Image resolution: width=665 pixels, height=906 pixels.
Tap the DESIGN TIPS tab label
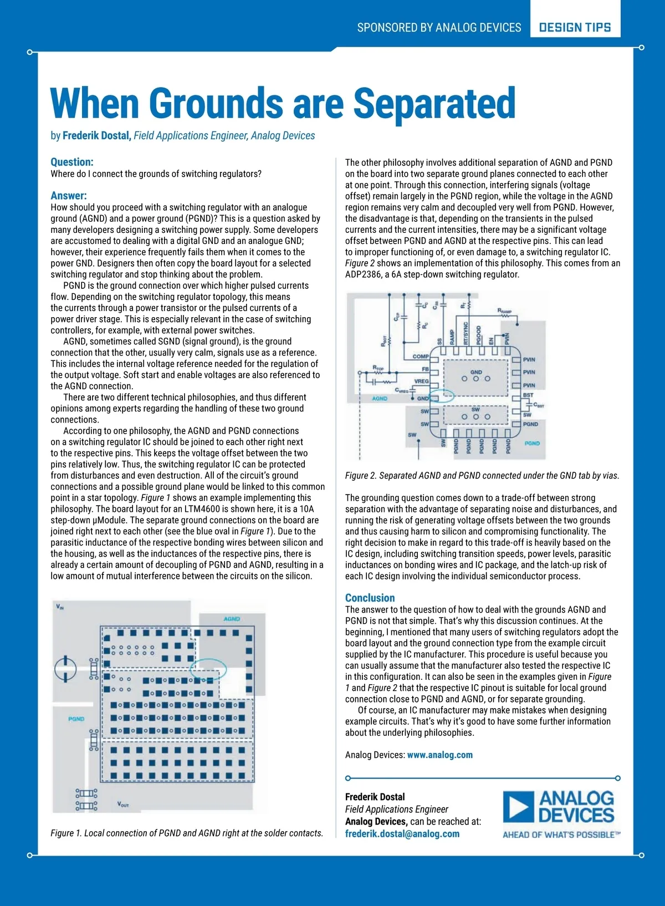[575, 27]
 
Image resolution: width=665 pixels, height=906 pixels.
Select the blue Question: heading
[72, 162]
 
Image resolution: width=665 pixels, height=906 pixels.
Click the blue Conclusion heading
[370, 598]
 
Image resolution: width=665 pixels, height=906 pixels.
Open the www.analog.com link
[440, 755]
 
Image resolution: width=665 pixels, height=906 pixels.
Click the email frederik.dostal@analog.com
[402, 833]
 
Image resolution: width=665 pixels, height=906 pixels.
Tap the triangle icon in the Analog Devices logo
[518, 807]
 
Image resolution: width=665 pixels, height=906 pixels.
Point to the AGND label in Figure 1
[232, 619]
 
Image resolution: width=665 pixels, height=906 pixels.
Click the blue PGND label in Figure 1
[76, 719]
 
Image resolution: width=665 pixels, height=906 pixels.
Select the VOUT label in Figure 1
[123, 804]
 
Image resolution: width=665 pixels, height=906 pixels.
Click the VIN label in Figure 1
[60, 607]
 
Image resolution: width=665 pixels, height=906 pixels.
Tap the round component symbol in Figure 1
[65, 669]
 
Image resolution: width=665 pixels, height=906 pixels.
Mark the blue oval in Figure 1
[208, 669]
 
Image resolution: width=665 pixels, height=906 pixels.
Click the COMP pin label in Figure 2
[421, 357]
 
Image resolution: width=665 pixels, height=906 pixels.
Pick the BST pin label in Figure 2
[528, 395]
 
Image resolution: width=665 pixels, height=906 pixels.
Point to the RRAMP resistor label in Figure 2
[504, 312]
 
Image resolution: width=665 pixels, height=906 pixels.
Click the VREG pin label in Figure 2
[421, 381]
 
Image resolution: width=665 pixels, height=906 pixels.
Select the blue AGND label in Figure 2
[380, 399]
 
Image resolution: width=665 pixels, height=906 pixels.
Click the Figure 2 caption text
[482, 475]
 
